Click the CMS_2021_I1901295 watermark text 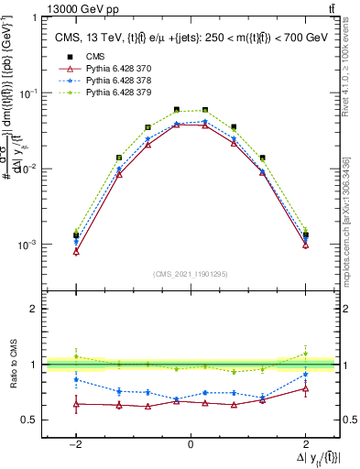[191, 274]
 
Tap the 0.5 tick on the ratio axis [29, 420]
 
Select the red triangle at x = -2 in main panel [76, 251]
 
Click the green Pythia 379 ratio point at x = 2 [305, 354]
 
